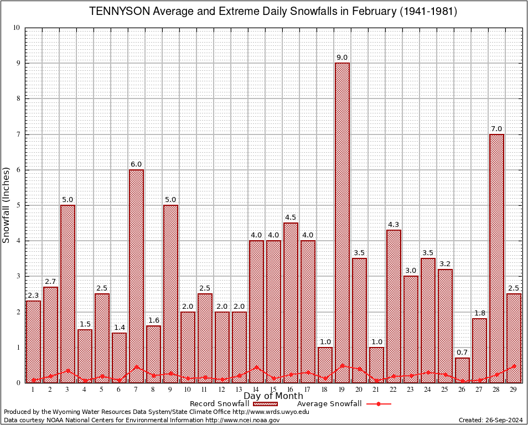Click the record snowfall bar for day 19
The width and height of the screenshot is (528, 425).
pos(342,221)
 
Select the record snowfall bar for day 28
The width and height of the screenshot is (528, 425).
pos(496,257)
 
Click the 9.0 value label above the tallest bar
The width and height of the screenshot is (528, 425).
pos(342,58)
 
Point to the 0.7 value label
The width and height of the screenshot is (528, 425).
pos(462,353)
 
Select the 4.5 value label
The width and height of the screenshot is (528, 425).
pos(291,217)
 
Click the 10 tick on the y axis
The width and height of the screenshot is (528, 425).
pos(17,28)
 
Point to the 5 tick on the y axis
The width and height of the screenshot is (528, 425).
pos(18,205)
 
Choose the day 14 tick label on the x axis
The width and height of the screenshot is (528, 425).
pos(256,390)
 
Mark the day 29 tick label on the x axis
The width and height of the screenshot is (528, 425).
pos(514,390)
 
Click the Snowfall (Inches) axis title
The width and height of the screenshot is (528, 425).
pos(7,205)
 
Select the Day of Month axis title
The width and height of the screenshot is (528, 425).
pos(273,396)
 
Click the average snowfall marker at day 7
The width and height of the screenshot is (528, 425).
pos(136,366)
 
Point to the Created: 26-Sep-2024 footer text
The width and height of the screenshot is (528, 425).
pos(490,420)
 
